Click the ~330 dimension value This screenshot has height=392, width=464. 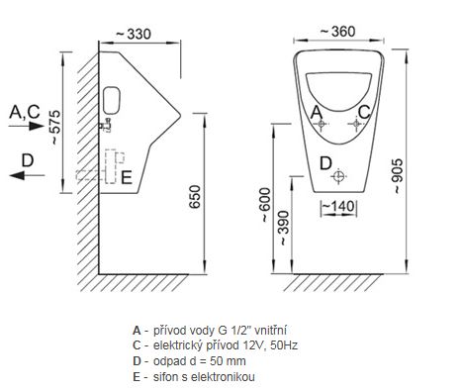pos(134,34)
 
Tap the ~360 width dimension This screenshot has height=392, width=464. pos(338,32)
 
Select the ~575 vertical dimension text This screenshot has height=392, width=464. pos(56,128)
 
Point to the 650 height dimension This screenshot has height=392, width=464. pos(196,197)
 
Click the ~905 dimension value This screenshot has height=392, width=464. pos(398,176)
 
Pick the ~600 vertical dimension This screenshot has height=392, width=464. pos(265,205)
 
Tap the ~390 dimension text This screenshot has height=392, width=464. pos(284,228)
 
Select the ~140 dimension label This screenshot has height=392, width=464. pos(338,206)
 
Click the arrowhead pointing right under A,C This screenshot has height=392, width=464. pos(37,126)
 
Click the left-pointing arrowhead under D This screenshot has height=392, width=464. pos(17,175)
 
